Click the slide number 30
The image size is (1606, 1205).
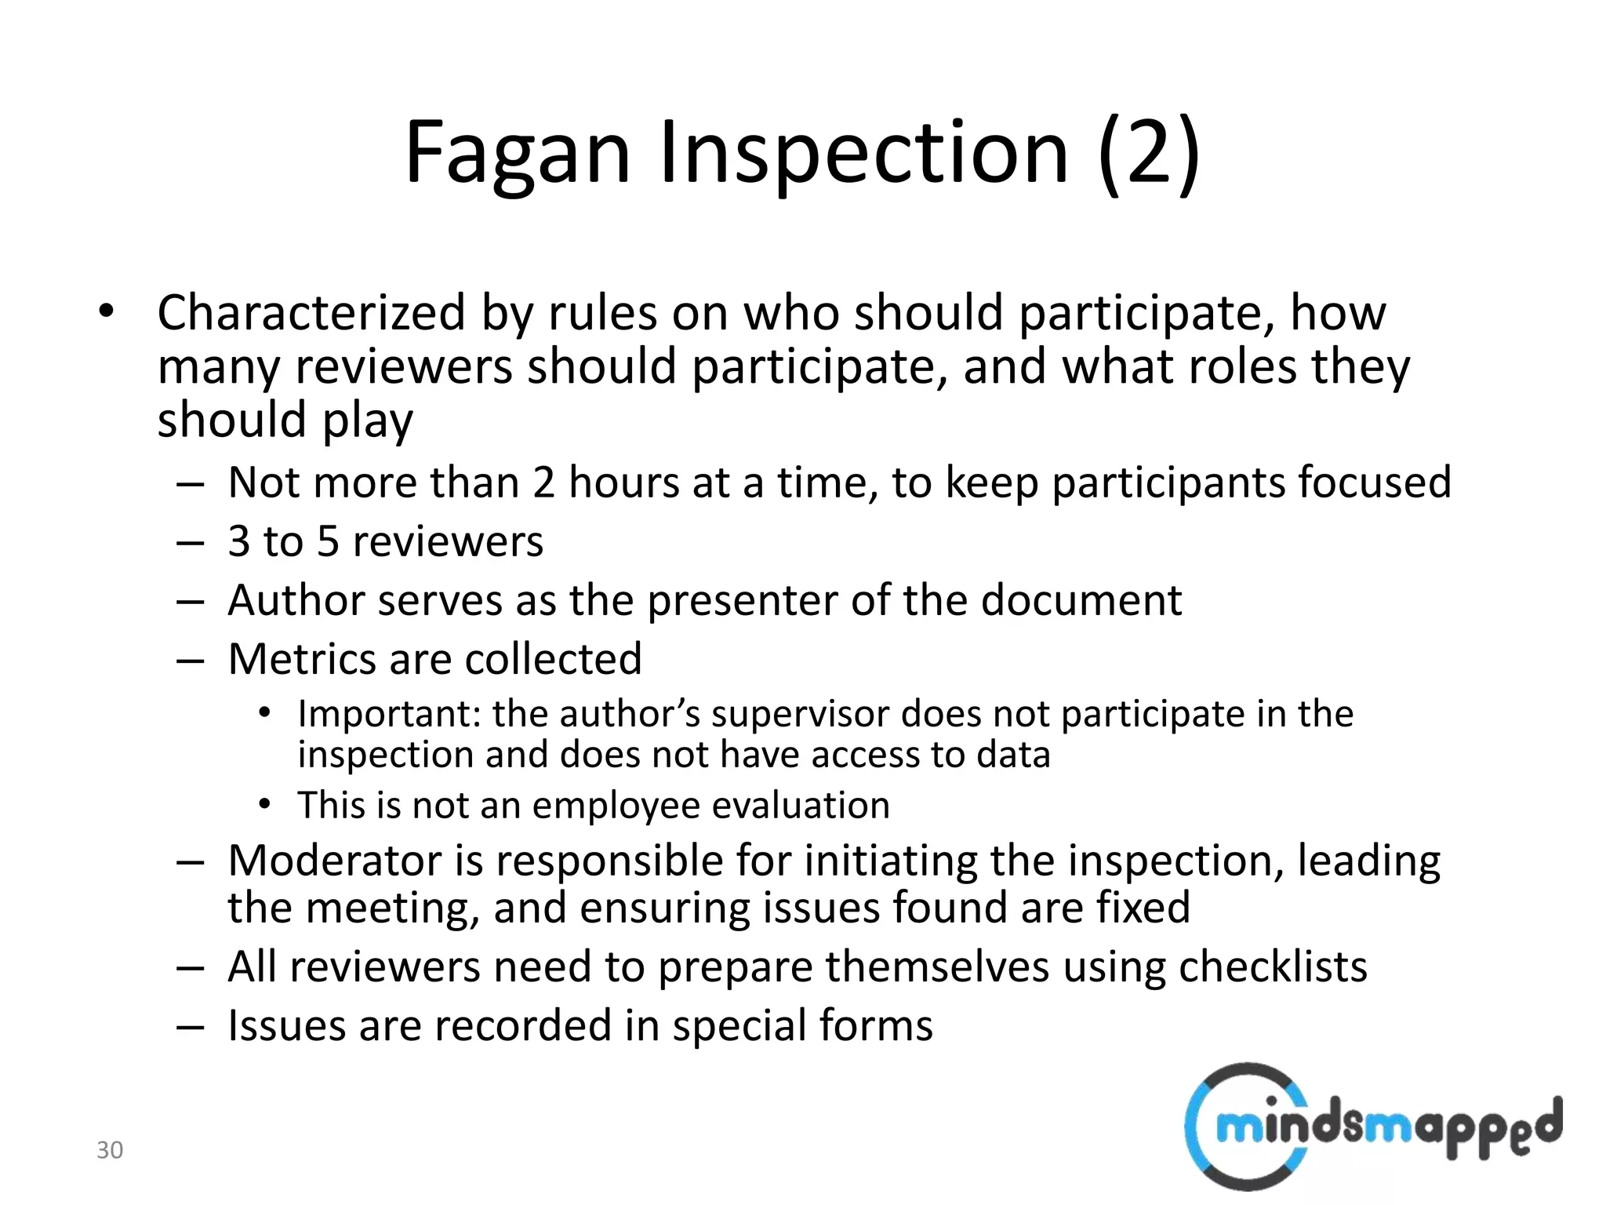110,1150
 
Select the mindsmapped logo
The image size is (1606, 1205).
1372,1127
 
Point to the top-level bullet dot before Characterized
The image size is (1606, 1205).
107,312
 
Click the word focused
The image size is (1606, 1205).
1374,482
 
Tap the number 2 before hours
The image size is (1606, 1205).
543,482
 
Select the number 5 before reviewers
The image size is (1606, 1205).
328,541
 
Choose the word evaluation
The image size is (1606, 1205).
801,806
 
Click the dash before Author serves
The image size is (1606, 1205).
191,602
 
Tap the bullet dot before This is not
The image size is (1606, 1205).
265,804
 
